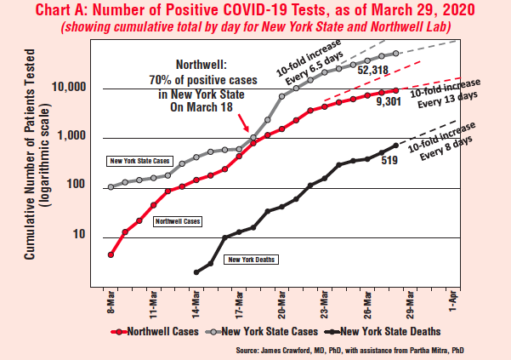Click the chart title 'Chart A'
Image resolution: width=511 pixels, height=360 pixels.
coord(255,10)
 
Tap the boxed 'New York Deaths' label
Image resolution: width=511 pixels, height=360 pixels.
coord(250,258)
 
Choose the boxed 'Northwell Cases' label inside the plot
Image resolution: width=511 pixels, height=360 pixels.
coord(178,220)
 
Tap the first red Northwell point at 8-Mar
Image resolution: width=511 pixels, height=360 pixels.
coord(111,254)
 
